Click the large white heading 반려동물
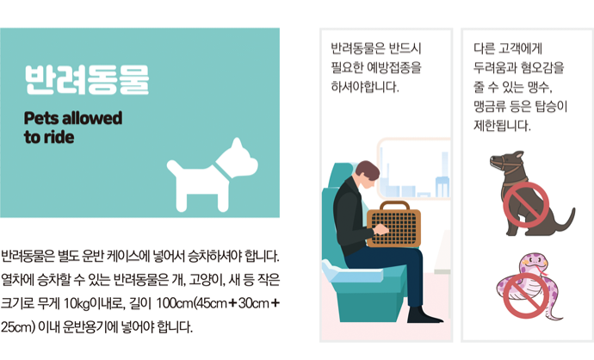87,80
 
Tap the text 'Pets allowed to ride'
73,127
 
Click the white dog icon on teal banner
212,175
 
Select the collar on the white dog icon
224,172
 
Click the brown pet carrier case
393,224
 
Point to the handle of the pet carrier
394,205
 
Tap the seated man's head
368,175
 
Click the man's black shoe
424,315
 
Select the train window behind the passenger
414,169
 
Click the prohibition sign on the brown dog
526,205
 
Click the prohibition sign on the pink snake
526,295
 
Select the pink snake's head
534,262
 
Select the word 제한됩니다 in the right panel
502,126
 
